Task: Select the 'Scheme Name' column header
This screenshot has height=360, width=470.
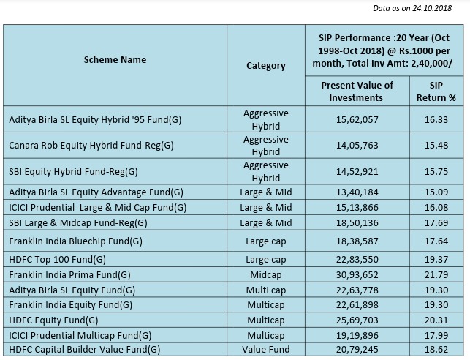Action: click(x=115, y=59)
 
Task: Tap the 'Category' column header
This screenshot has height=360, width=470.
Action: click(x=265, y=65)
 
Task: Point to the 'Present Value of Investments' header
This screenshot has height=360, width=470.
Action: click(x=357, y=91)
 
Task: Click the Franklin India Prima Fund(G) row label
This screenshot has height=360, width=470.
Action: click(x=71, y=275)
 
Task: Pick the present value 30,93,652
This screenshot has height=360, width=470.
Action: click(x=357, y=275)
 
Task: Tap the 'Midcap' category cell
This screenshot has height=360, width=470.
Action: click(x=265, y=275)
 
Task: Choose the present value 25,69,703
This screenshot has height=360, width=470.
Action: click(x=357, y=320)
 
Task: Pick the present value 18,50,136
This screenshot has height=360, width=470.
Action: click(x=357, y=222)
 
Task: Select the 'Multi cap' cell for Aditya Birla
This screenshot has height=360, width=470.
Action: click(x=265, y=290)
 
